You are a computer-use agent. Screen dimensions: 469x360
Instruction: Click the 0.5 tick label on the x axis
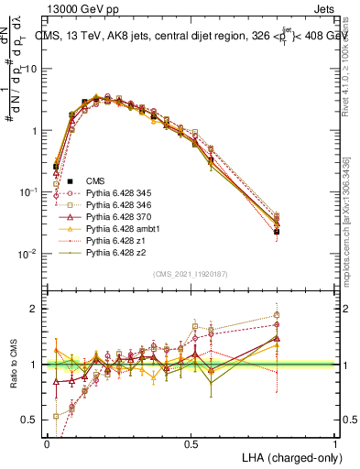pyautogui.click(x=191, y=443)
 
